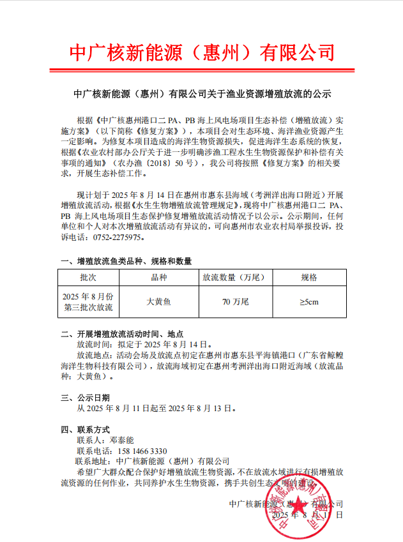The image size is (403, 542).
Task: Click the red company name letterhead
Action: click(201, 51)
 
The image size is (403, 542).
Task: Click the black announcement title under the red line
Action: click(201, 94)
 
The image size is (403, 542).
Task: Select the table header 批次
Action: click(88, 278)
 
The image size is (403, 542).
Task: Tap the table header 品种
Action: click(158, 278)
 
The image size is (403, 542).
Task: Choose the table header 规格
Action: click(308, 278)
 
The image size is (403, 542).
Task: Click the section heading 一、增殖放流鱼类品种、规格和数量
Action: click(126, 261)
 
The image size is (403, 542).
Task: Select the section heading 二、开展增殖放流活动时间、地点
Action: click(122, 334)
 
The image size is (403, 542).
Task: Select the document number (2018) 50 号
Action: click(174, 164)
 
